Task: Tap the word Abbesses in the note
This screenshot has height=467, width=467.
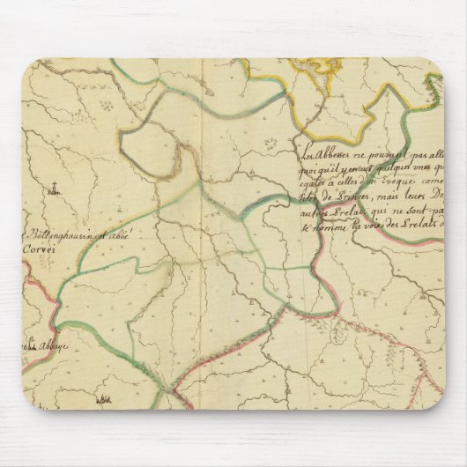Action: [x=338, y=148]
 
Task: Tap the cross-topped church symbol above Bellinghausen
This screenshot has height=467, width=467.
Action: [x=55, y=186]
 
